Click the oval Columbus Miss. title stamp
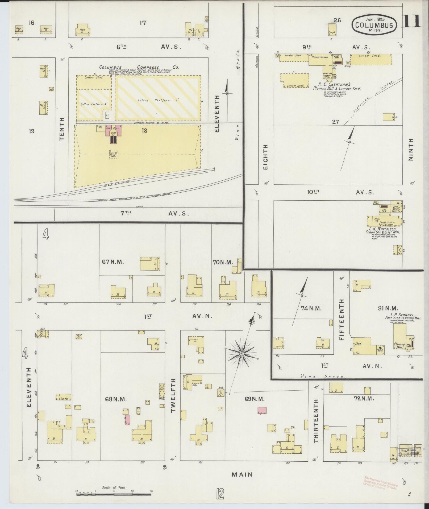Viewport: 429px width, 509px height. point(374,24)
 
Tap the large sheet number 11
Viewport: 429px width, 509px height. point(411,21)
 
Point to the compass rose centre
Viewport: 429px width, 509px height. point(241,354)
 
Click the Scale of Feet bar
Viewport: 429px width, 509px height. point(114,494)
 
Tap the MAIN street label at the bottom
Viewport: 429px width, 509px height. point(241,474)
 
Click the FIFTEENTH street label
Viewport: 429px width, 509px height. point(342,319)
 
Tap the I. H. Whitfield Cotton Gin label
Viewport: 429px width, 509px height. point(382,230)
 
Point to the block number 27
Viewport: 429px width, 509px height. point(335,122)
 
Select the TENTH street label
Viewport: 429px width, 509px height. point(62,129)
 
